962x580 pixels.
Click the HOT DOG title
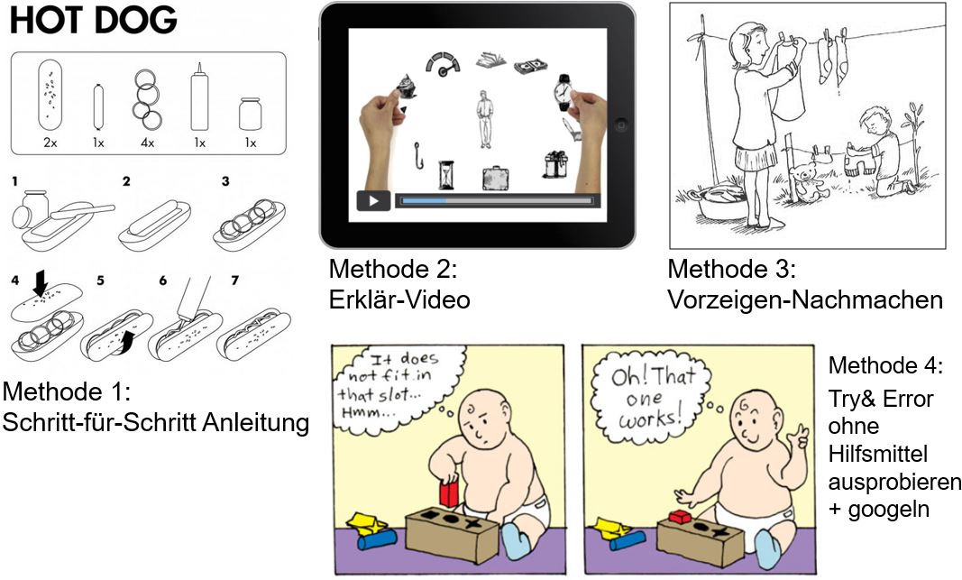[94, 20]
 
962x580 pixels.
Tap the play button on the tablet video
[373, 200]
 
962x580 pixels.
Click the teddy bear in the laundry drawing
[805, 182]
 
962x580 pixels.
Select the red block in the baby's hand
[448, 493]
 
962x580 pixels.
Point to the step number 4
[15, 281]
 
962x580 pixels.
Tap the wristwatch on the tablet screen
[563, 93]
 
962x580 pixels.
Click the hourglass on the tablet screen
[446, 175]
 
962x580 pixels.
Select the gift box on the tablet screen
[556, 164]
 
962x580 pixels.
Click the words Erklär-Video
[399, 299]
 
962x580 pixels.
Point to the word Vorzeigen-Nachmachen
[805, 299]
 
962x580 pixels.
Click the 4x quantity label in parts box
[147, 143]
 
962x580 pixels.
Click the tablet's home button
[620, 125]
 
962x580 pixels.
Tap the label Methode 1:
[67, 391]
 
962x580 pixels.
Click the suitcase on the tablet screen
[496, 178]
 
